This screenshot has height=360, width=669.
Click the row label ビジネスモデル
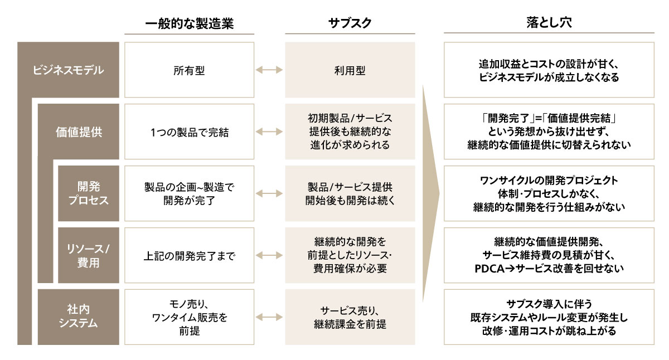pyautogui.click(x=68, y=70)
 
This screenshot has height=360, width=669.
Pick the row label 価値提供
pyautogui.click(x=79, y=132)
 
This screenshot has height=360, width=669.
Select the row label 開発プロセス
pyautogui.click(x=89, y=193)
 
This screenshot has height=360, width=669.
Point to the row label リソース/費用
pyautogui.click(x=89, y=255)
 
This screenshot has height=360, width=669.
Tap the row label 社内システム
pyautogui.click(x=79, y=317)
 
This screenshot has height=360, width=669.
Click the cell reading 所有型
pyautogui.click(x=189, y=71)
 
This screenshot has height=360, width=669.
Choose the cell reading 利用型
pyautogui.click(x=350, y=71)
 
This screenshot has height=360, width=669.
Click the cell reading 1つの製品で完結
pyautogui.click(x=189, y=132)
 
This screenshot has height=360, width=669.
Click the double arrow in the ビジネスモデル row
pyautogui.click(x=269, y=71)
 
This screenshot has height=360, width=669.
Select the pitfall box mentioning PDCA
pyautogui.click(x=549, y=255)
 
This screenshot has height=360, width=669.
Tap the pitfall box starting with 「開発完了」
pyautogui.click(x=549, y=132)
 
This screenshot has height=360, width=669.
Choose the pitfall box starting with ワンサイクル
pyautogui.click(x=549, y=193)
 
